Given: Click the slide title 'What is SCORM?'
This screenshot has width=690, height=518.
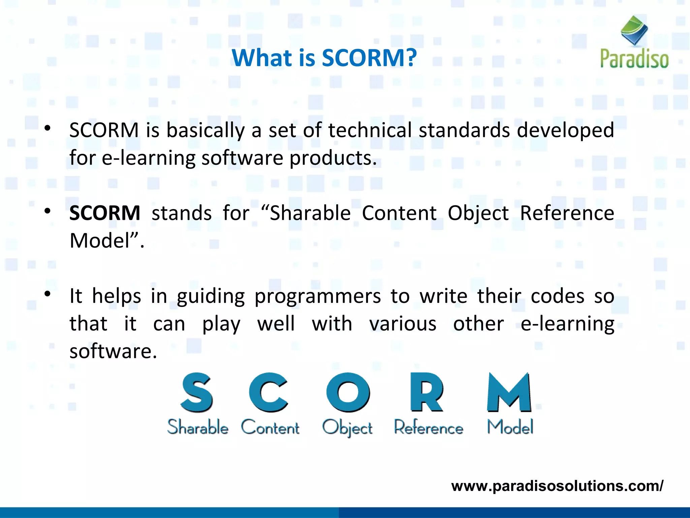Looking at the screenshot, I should tap(324, 58).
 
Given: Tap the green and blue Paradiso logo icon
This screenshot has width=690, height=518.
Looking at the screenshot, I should tap(634, 30).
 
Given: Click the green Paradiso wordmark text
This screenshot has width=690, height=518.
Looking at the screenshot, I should tap(634, 59).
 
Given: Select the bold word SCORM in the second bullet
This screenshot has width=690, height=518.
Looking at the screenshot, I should tap(105, 213).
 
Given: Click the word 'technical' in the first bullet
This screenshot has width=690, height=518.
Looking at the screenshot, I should tap(370, 130).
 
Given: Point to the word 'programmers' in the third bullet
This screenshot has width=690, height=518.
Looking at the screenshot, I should tap(318, 296).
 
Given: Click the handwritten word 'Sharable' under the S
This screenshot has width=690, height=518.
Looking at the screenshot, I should tap(198, 427).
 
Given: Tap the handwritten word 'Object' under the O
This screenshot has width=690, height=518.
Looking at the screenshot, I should tap(347, 428).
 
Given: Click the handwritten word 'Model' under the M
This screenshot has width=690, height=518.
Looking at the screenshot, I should tap(510, 427).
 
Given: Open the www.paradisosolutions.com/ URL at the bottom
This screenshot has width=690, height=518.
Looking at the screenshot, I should tap(557, 486).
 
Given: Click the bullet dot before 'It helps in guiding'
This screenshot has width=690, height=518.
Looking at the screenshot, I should tap(48, 294).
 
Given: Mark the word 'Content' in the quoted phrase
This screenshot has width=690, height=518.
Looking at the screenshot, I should tap(399, 213).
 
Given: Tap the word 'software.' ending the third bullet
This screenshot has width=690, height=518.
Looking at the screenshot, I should tap(113, 351).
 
